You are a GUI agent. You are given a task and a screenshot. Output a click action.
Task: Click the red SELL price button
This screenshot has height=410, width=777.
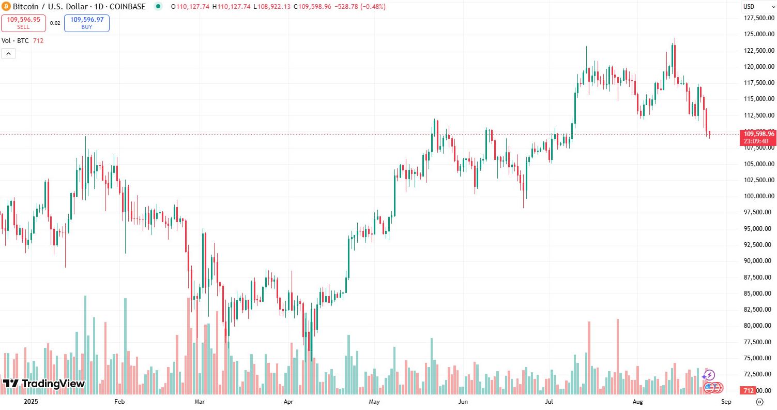click(x=23, y=23)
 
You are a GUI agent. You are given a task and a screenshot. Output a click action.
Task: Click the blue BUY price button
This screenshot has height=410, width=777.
click(x=87, y=23)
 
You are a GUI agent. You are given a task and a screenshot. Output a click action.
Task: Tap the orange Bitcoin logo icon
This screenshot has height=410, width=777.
click(x=6, y=7)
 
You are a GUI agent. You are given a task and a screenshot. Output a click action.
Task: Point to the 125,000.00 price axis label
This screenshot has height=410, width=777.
click(x=759, y=34)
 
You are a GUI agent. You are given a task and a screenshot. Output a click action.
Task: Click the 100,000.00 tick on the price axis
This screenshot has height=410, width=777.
click(x=759, y=196)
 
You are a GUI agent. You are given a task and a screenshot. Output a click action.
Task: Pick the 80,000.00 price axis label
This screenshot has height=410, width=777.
click(x=759, y=326)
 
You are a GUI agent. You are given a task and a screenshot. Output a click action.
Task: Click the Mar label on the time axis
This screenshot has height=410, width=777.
click(x=200, y=401)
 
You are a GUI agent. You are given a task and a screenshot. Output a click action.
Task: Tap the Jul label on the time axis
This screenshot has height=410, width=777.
click(x=549, y=401)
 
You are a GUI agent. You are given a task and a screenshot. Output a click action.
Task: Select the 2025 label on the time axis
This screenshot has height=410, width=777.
click(x=31, y=401)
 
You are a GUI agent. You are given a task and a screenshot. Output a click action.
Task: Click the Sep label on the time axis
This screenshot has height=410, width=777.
click(x=726, y=401)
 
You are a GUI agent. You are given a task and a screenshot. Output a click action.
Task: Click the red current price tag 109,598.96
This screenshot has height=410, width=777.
click(x=759, y=134)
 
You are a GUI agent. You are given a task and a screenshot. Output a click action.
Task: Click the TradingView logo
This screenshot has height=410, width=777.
click(x=43, y=384)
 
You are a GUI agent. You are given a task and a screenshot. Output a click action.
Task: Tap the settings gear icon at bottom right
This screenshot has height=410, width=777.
click(x=759, y=401)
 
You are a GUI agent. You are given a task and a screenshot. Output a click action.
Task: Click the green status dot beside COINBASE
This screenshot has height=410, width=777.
click(x=158, y=7)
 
